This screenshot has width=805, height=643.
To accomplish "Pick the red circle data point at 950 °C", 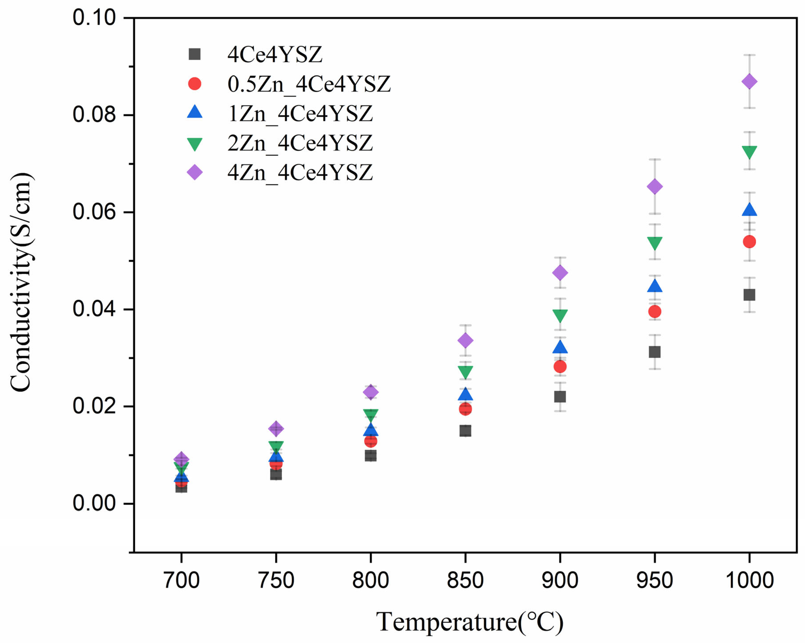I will pos(655,311).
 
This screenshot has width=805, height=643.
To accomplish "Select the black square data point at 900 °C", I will pos(560,397).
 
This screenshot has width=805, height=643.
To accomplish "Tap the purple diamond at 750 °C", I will pos(276,429).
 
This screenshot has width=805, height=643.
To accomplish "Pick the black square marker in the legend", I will pos(194,54).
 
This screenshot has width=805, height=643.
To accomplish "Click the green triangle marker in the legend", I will pos(194,144).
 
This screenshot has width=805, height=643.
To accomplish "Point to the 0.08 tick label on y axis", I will pos(94,115).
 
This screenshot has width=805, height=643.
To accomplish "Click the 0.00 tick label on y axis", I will pos(94,503).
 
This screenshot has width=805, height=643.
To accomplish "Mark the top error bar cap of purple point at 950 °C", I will pos(655,159).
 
